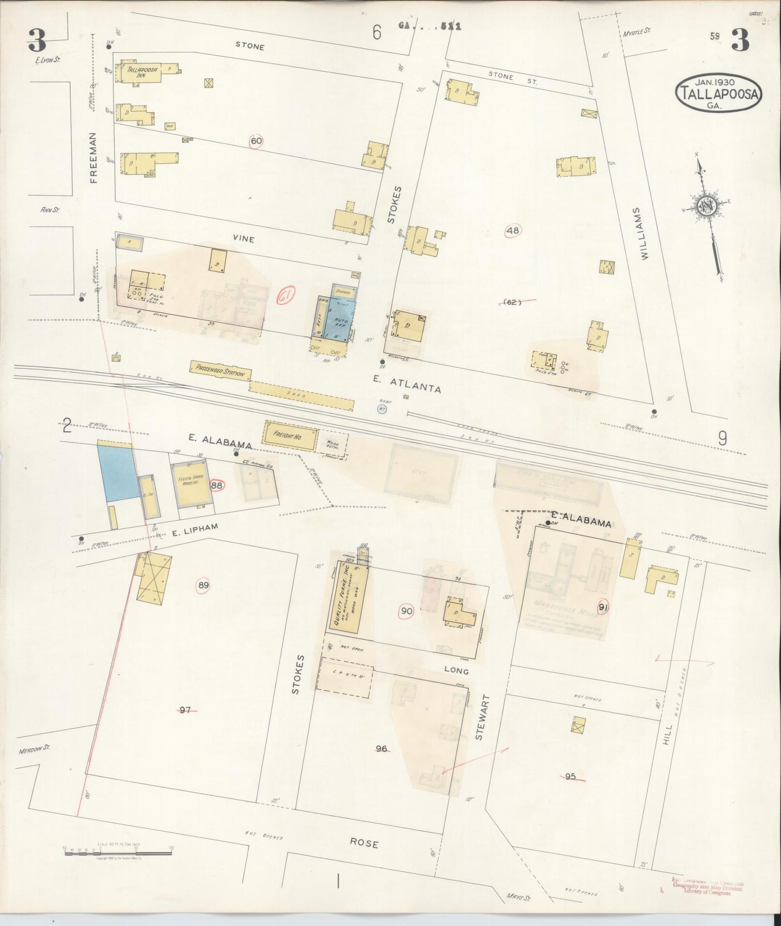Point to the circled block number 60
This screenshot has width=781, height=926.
[257, 142]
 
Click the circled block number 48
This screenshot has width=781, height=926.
[512, 231]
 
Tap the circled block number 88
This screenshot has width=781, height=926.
[217, 485]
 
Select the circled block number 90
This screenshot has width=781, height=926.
[406, 612]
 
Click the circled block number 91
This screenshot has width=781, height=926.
[604, 607]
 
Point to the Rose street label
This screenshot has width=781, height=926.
[364, 843]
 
